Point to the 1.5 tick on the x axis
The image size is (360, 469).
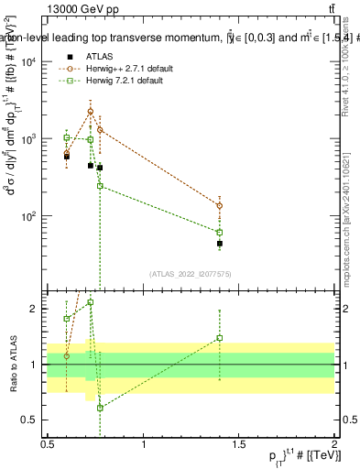(x=239, y=444)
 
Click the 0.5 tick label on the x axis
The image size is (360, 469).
(x=48, y=444)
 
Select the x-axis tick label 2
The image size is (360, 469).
(x=334, y=444)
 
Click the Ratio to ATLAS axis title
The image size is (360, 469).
(x=13, y=365)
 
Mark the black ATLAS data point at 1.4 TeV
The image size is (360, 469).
(x=220, y=244)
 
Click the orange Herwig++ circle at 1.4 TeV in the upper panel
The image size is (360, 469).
(x=220, y=205)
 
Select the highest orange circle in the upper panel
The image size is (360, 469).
(x=90, y=111)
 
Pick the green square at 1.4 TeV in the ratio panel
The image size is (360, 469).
(x=220, y=337)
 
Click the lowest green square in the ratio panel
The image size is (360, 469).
(x=100, y=408)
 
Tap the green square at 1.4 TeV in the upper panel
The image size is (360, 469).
(x=220, y=233)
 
